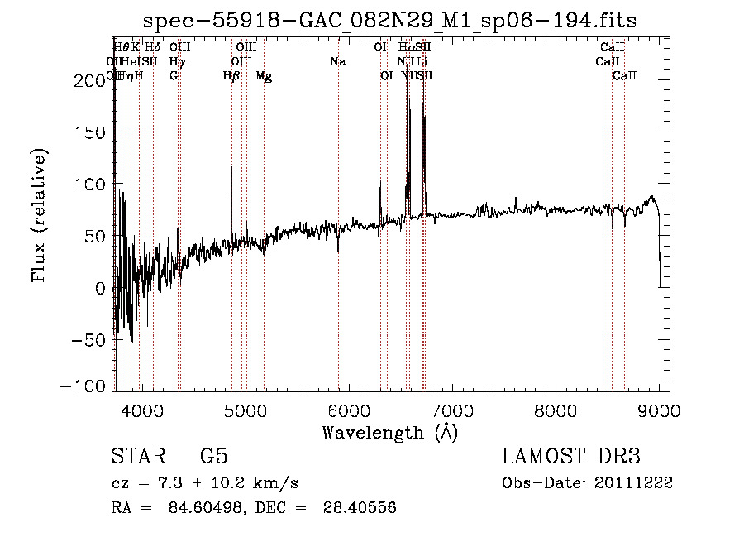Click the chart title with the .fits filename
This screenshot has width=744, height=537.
[x=389, y=21]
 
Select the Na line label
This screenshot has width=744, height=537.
[x=337, y=62]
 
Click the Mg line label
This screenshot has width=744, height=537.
[x=263, y=76]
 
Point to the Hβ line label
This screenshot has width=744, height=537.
[x=231, y=76]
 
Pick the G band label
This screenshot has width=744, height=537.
[x=174, y=76]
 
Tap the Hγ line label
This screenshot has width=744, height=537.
[x=177, y=62]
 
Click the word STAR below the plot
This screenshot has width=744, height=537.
[x=136, y=457]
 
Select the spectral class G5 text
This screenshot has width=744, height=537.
[x=213, y=457]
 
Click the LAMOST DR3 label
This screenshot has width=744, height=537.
[x=571, y=457]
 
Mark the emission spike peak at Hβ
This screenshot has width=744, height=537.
[x=231, y=167]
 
